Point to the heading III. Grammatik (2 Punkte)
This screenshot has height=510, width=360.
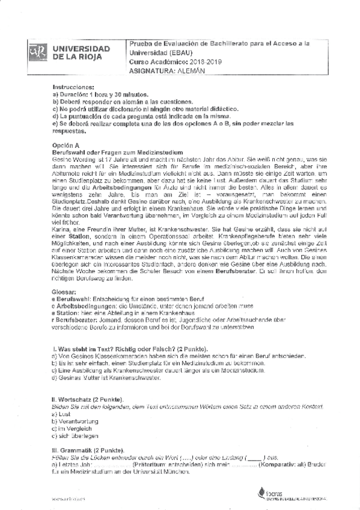[x=88, y=450]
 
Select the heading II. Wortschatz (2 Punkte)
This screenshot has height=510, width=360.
[x=88, y=400]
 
